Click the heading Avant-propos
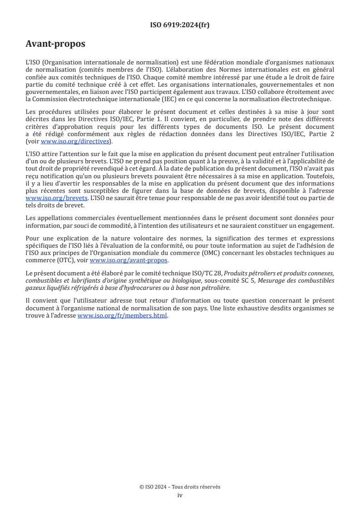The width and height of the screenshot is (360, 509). tap(55, 44)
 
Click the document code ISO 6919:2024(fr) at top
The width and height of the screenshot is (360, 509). tap(180, 25)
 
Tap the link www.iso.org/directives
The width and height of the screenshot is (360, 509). tap(76, 142)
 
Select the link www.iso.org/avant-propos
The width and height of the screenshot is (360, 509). tap(129, 260)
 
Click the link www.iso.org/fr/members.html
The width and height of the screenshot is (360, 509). tap(123, 316)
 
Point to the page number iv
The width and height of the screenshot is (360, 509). tap(180, 495)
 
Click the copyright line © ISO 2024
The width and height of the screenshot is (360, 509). tap(180, 487)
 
